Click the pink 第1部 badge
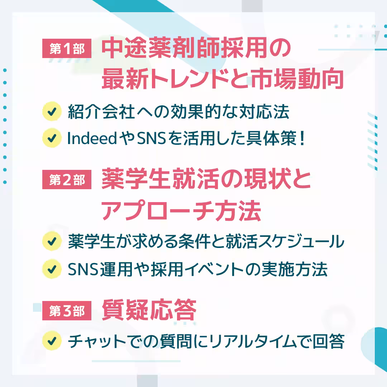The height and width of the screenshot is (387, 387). tap(67, 49)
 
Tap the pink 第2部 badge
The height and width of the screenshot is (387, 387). tap(67, 180)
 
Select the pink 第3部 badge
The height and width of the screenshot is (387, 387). tap(67, 311)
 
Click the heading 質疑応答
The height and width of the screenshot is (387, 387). tap(149, 310)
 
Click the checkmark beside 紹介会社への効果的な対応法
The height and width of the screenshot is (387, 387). tap(51, 112)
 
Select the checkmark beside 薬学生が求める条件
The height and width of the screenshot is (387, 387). tap(51, 242)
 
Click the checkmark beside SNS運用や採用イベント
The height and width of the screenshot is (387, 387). tap(51, 269)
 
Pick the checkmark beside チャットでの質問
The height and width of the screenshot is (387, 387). tap(51, 341)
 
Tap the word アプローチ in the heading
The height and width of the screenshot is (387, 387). tap(156, 212)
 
